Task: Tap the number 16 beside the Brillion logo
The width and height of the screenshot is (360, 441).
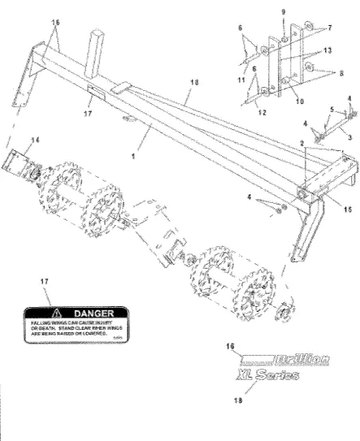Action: (x=231, y=345)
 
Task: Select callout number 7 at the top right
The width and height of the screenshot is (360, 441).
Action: (x=329, y=27)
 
